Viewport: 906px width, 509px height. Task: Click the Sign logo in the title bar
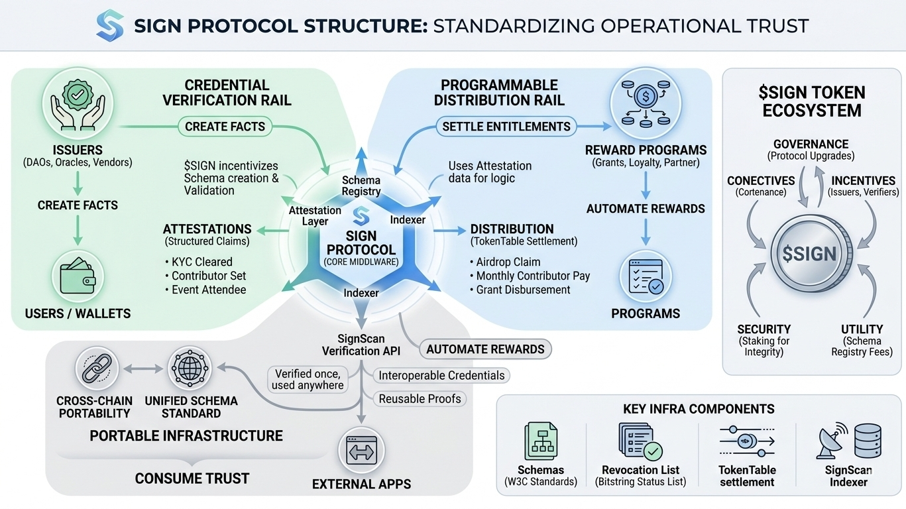click(109, 25)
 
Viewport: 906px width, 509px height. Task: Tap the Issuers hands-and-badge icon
click(78, 105)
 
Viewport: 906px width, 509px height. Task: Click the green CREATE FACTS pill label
click(225, 127)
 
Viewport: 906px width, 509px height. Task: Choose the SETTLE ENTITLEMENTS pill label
click(506, 127)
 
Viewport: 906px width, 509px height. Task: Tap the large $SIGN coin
click(809, 254)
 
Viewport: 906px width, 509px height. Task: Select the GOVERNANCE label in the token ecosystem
click(811, 144)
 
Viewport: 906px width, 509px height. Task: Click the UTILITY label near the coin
click(862, 329)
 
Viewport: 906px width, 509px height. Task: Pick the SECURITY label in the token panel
click(764, 329)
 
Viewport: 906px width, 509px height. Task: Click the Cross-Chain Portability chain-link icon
click(96, 368)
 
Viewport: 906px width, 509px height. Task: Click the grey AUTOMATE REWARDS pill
click(485, 349)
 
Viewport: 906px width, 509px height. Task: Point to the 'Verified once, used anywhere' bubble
click(308, 379)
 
